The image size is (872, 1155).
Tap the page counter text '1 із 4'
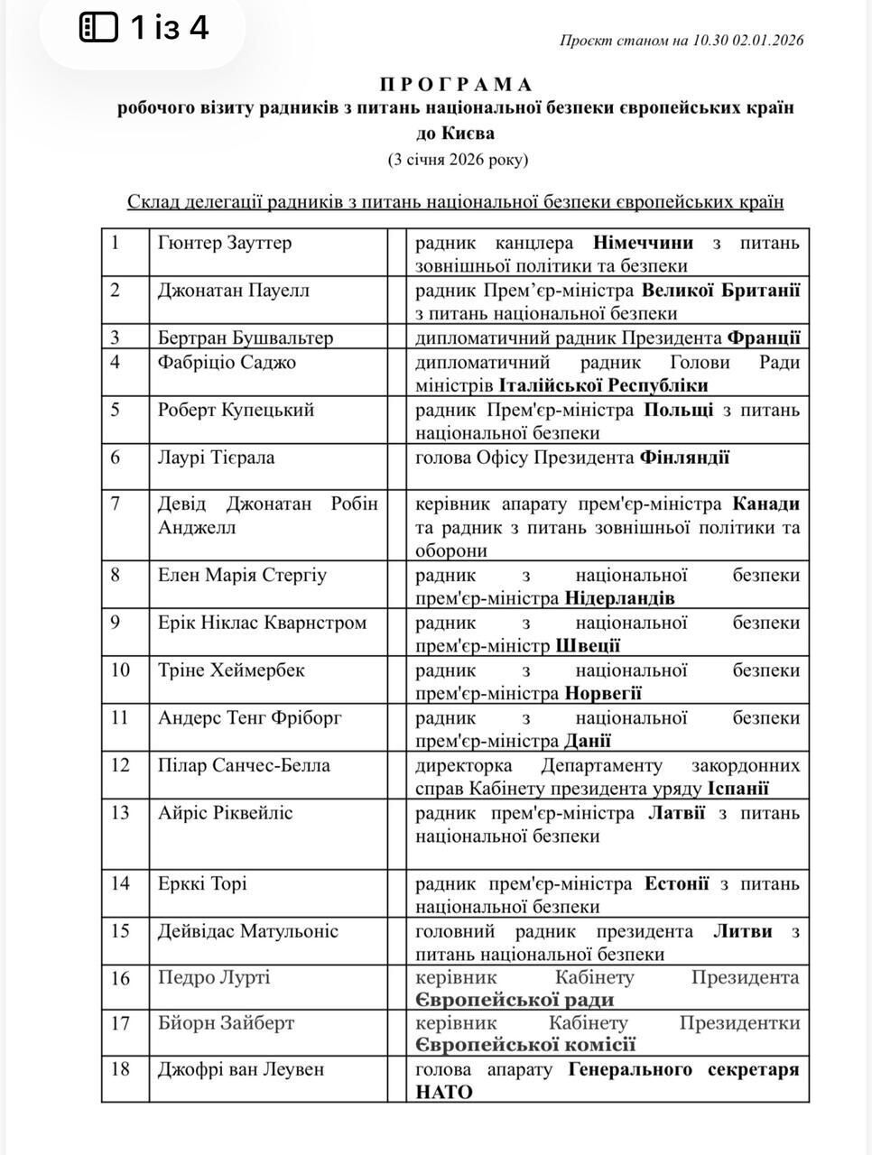(x=170, y=29)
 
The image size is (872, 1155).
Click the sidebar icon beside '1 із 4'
(x=99, y=29)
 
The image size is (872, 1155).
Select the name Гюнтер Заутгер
(x=225, y=243)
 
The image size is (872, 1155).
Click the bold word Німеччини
(x=644, y=243)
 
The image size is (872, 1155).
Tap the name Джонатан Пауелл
(x=234, y=291)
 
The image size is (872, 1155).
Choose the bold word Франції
(x=763, y=338)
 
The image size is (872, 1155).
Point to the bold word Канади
(x=766, y=504)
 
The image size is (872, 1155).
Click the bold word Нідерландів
(x=620, y=598)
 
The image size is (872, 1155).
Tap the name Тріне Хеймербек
(x=231, y=670)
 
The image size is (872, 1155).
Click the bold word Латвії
(x=677, y=813)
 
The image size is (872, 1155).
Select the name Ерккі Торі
(x=202, y=883)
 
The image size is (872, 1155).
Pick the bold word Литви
(x=743, y=931)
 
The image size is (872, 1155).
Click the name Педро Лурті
(x=214, y=977)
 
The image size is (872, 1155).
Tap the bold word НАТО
(x=444, y=1093)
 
